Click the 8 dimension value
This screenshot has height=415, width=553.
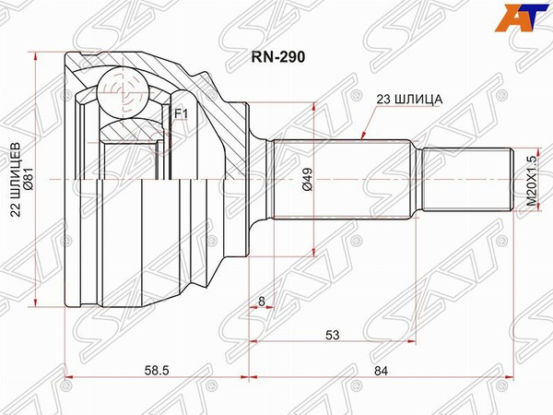[262, 302]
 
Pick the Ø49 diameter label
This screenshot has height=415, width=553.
[305, 178]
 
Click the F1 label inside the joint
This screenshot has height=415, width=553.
[181, 113]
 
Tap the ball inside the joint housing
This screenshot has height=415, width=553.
[123, 94]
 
